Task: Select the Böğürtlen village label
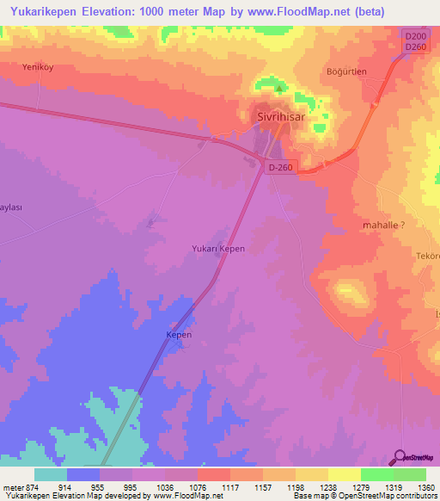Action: (x=346, y=71)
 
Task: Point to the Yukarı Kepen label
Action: (x=217, y=249)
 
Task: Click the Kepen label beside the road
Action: (x=179, y=334)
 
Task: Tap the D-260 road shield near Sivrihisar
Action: (x=281, y=169)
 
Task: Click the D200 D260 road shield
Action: (x=415, y=40)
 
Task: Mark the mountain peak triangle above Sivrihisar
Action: (x=278, y=87)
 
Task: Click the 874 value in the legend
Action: (x=34, y=486)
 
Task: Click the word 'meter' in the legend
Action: (x=12, y=486)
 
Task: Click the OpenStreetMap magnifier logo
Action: (x=399, y=456)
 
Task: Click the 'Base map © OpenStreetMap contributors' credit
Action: (x=364, y=497)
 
